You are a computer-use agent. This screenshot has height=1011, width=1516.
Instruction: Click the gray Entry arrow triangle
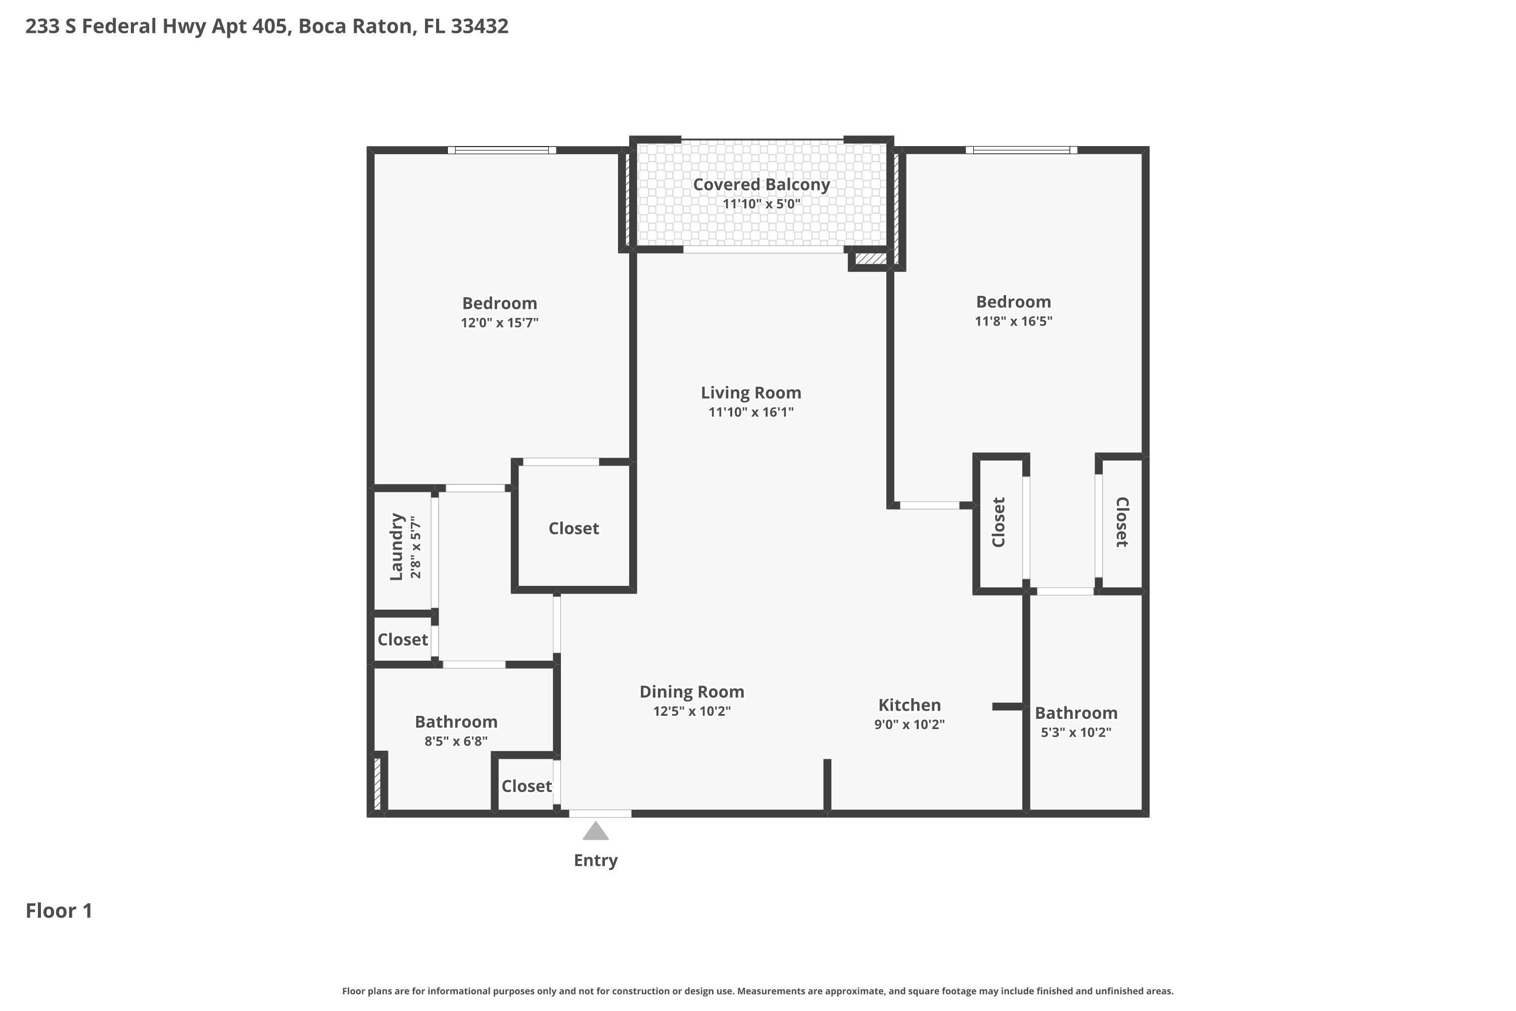pos(596,832)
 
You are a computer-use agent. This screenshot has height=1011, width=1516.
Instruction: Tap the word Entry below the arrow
pos(596,860)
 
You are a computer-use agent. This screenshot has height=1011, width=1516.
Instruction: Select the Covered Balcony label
pos(761,185)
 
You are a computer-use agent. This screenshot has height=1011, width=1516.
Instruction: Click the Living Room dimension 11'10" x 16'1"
pos(751,412)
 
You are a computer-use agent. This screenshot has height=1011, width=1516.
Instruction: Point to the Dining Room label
pos(692,692)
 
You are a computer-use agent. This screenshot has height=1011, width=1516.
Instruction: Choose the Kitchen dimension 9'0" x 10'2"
pos(909,724)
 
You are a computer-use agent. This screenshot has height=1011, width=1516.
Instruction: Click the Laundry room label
pos(396,547)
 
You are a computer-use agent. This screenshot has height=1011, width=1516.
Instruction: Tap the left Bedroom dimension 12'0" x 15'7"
pos(500,323)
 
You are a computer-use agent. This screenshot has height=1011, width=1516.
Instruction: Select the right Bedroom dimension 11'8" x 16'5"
pos(1013,321)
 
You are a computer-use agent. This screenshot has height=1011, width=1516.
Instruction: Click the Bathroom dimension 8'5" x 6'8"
pos(456,741)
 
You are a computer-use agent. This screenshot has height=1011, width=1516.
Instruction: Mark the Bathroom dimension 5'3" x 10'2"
pos(1076,732)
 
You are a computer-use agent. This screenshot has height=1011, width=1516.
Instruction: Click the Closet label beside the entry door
pos(527,786)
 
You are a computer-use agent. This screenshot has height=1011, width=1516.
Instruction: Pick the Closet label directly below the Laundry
pos(403,639)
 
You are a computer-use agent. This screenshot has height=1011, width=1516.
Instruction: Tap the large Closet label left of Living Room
pos(574,529)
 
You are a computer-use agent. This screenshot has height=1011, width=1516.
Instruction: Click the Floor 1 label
pos(59,910)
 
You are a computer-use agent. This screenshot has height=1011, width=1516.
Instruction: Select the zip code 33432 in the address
pos(480,26)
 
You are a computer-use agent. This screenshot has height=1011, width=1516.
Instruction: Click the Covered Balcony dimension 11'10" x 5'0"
pos(761,204)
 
